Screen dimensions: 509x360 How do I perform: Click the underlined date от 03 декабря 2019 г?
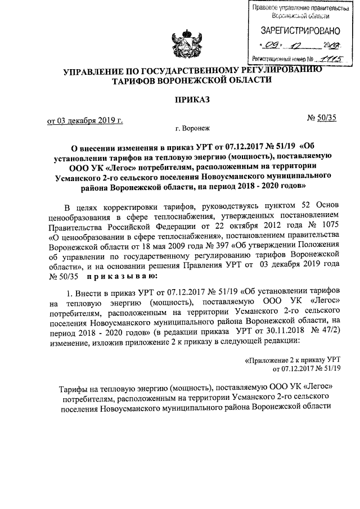84,119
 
